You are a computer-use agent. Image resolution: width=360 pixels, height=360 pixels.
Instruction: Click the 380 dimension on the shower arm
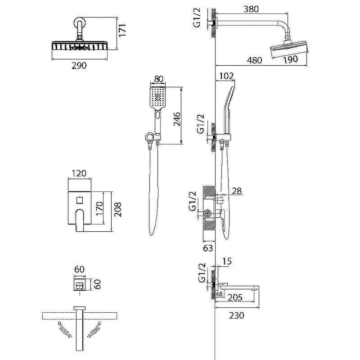coord(251,9)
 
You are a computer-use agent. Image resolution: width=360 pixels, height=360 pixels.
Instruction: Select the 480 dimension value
coord(254,60)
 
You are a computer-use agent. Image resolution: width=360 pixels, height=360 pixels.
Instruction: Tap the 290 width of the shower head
coord(79,66)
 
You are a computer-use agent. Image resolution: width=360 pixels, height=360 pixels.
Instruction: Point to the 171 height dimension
coord(122,29)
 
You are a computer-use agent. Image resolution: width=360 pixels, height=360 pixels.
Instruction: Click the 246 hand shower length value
coord(177,119)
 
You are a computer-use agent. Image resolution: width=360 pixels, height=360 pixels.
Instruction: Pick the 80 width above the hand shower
coord(159,79)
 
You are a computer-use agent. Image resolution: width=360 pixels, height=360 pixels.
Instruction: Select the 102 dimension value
coord(226,76)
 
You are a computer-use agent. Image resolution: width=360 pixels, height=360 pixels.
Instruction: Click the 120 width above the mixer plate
coord(79,173)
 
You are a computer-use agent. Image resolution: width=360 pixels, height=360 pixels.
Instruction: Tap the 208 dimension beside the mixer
coord(118,209)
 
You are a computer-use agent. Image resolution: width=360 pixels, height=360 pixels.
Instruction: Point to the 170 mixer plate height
coord(99,208)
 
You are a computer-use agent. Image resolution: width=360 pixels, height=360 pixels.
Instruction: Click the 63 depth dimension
coord(208,248)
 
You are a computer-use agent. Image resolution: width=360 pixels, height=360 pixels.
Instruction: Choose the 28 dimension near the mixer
coord(237,191)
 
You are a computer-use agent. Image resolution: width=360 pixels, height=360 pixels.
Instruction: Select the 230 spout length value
coord(237,315)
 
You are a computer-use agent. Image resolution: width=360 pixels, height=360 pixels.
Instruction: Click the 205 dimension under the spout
coord(235,297)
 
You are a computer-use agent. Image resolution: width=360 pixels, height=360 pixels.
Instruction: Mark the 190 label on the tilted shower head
coord(290,59)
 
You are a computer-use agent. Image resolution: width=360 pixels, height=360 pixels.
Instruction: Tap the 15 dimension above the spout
coord(227,261)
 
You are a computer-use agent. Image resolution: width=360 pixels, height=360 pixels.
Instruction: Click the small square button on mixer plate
coord(80,200)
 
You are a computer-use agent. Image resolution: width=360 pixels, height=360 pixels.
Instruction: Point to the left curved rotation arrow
coord(64,329)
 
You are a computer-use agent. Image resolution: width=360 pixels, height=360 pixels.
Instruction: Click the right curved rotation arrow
coord(94,329)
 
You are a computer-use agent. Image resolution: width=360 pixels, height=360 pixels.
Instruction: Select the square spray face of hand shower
coord(158,97)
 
